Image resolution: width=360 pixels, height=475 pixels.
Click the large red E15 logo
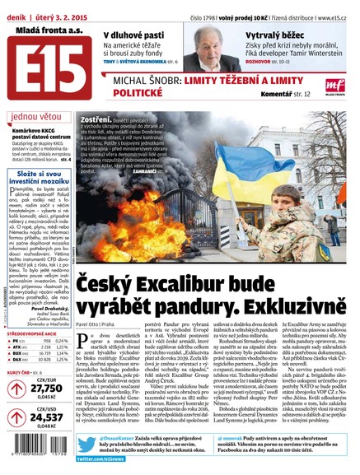pos(42,61)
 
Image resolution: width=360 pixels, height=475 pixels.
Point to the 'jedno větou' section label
pos(36,116)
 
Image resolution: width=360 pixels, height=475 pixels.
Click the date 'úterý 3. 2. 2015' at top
pos(67,8)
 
